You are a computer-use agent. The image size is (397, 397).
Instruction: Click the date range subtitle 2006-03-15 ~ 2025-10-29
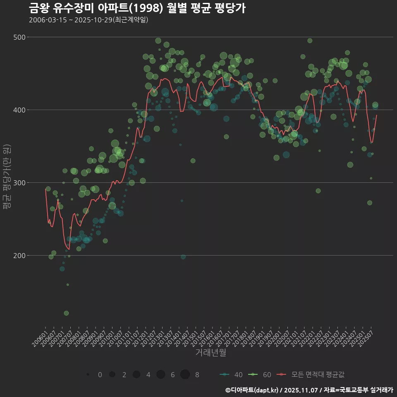pos(88,20)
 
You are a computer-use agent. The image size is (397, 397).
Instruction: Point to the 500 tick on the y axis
pos(20,37)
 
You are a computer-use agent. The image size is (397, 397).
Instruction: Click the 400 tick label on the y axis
pos(20,110)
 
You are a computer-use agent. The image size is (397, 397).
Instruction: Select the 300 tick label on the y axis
pos(20,183)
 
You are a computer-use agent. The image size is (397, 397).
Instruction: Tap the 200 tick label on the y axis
pos(20,256)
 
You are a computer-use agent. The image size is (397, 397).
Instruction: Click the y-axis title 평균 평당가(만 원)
pos(6,178)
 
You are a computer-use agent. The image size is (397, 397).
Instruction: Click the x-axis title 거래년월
pos(210,353)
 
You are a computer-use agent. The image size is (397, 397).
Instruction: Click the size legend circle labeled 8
pos(185,375)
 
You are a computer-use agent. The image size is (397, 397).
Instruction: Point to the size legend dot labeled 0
pos(88,375)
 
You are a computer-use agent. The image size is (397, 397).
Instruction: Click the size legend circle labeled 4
pos(136,375)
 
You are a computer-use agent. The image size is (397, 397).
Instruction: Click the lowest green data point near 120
pos(66,313)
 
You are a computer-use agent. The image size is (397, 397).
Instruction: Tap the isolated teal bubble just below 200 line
pos(183,257)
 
